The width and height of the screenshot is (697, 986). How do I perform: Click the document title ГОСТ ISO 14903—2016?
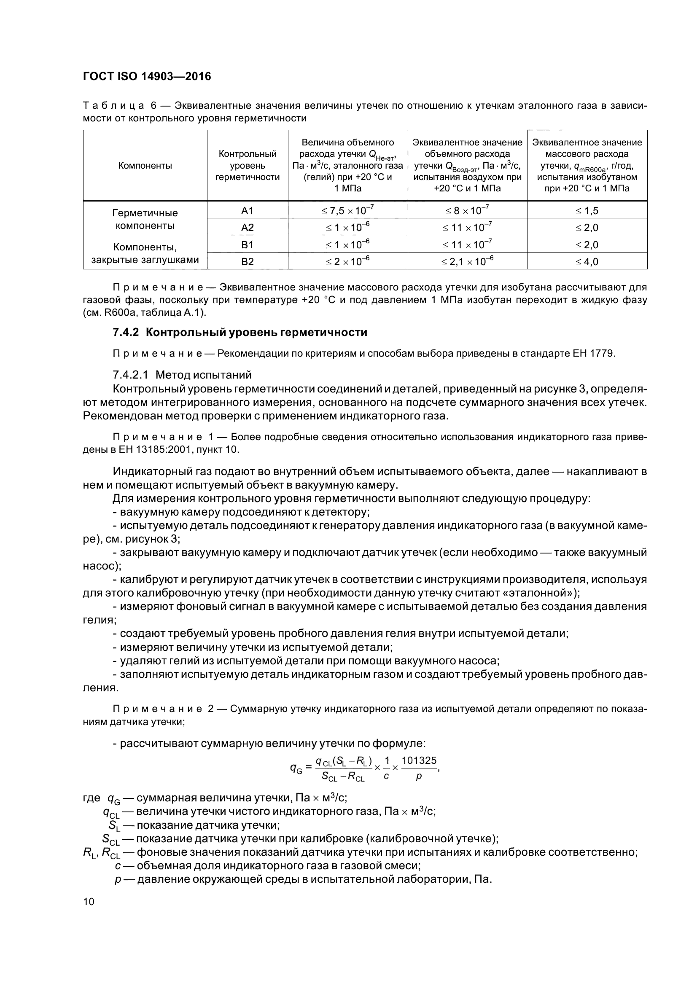[x=146, y=76]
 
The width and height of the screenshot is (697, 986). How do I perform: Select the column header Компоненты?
[x=145, y=166]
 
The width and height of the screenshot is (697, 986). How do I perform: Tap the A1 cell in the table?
[x=248, y=210]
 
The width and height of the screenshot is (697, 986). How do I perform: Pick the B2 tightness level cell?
[x=248, y=261]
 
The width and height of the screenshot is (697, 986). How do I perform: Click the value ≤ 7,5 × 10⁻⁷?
[x=347, y=210]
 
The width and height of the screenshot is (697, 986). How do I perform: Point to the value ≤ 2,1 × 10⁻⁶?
[x=467, y=261]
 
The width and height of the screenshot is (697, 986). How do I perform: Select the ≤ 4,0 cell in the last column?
[x=587, y=261]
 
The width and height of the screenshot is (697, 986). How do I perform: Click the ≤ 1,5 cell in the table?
[x=587, y=210]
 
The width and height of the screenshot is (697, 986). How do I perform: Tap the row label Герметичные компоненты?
[x=145, y=219]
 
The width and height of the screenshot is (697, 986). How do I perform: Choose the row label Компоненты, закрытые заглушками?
[x=145, y=253]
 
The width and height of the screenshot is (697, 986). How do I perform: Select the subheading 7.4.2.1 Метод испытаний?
[x=182, y=375]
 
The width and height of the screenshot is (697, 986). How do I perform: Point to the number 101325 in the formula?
[x=419, y=760]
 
